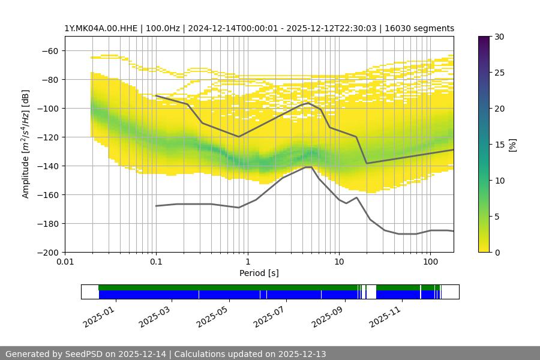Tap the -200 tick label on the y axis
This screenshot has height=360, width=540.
tap(49, 253)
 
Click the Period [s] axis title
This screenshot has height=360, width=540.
tap(259, 274)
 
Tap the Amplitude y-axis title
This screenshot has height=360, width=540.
tap(26, 144)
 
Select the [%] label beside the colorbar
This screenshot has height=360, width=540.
tap(512, 145)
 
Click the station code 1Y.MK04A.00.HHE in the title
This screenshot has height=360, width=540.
tap(102, 28)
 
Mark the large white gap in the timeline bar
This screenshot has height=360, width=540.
tap(371, 292)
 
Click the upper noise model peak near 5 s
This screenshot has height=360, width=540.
tap(308, 103)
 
